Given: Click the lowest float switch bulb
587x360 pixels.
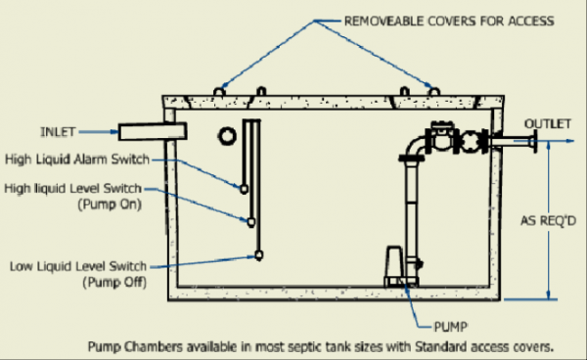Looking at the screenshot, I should [259, 255].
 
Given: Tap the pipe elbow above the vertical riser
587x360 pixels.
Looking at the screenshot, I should [411, 146].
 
